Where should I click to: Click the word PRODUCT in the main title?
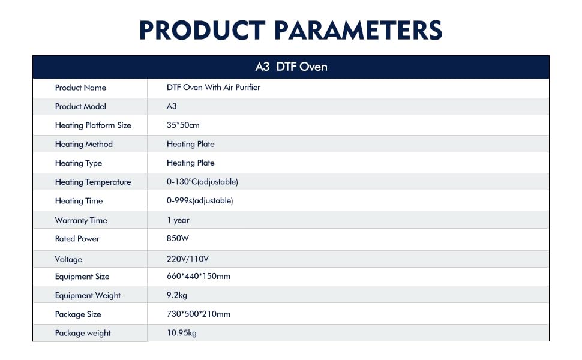tap(202, 30)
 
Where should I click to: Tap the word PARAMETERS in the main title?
tap(358, 30)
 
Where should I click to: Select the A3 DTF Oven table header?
tap(292, 67)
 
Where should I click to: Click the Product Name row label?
tap(80, 88)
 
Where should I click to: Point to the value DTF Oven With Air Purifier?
tap(214, 87)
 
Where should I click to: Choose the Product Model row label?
tap(80, 106)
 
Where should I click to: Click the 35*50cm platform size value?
tap(183, 125)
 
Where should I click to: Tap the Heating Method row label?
tap(84, 144)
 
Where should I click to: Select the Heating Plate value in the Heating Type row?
tap(190, 163)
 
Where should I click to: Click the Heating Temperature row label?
tap(93, 182)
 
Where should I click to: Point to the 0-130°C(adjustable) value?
tap(202, 181)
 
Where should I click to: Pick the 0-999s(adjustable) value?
tap(200, 200)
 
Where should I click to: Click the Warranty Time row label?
tap(81, 220)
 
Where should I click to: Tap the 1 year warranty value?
tap(178, 220)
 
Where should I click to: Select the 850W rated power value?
tap(178, 238)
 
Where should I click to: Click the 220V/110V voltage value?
tap(188, 259)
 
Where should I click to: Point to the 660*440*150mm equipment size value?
tap(199, 276)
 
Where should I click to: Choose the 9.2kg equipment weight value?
tap(177, 295)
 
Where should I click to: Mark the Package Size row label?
tap(78, 314)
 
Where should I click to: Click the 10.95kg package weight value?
tap(182, 332)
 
